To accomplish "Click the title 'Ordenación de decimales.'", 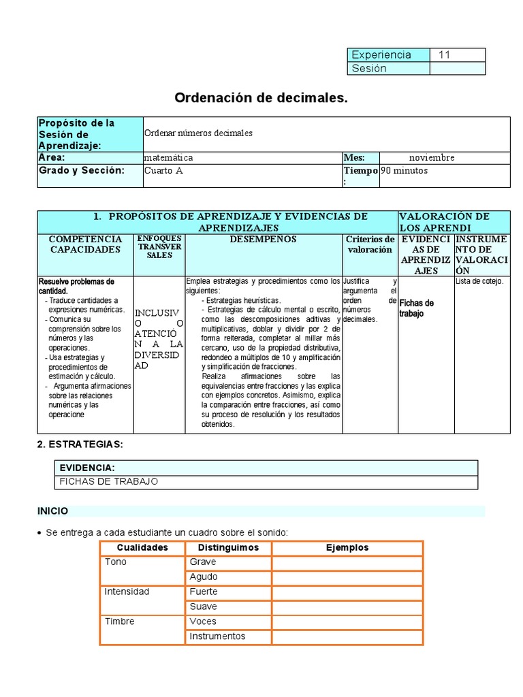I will (261, 98).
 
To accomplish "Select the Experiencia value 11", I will (445, 54).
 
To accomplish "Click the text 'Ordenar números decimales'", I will (198, 133).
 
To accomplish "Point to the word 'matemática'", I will (168, 157).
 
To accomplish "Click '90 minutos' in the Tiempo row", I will (405, 171).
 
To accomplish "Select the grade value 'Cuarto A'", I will (163, 171).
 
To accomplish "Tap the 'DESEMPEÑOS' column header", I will (263, 240).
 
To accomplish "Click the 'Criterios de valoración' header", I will (370, 244).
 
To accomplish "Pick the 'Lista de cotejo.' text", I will (479, 280).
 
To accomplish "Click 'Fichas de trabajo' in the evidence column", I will (416, 308).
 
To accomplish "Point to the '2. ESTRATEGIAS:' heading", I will (80, 444).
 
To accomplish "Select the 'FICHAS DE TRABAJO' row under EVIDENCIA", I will (109, 481).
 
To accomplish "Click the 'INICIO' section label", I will (52, 510).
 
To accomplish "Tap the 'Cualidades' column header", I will (142, 547).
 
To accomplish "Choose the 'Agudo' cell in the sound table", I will (204, 577).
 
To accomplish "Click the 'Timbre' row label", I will (119, 621).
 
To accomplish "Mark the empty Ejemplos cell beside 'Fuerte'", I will (347, 592).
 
